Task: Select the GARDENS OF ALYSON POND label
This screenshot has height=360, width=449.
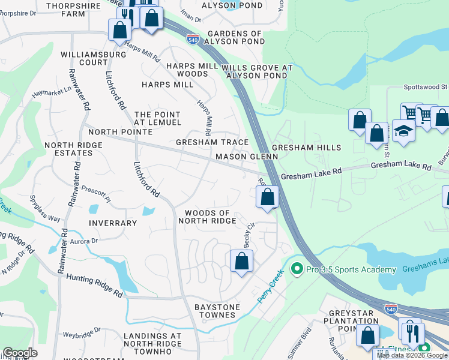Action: pos(235,37)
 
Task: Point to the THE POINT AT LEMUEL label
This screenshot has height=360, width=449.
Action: pos(157,118)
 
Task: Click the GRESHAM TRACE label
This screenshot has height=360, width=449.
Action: pos(212,142)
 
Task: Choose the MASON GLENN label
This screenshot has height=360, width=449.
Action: pos(247,157)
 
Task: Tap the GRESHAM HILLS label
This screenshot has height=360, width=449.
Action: pos(306,148)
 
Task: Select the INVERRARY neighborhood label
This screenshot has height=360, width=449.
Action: pos(113,223)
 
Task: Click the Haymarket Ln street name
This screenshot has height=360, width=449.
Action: pos(51,93)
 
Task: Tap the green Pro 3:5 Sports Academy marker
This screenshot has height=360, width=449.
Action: pos(295,269)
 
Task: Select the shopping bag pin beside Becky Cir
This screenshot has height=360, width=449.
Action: pos(241,261)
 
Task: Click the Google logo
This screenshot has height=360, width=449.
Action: pos(20,353)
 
